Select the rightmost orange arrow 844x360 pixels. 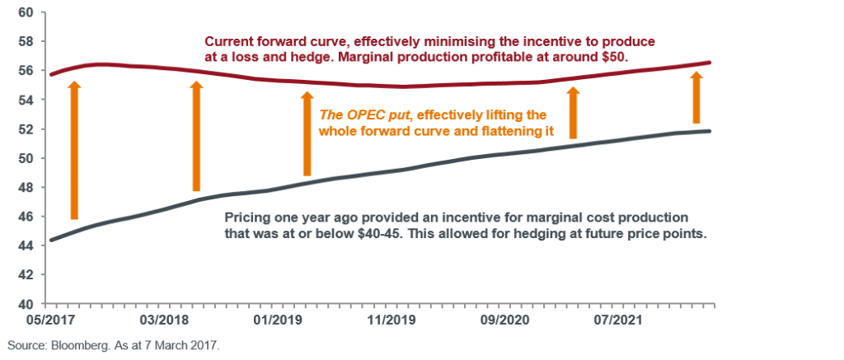point(696,97)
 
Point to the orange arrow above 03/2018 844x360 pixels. point(196,136)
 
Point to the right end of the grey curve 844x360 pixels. point(711,131)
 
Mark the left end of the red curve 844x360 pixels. point(49,75)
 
